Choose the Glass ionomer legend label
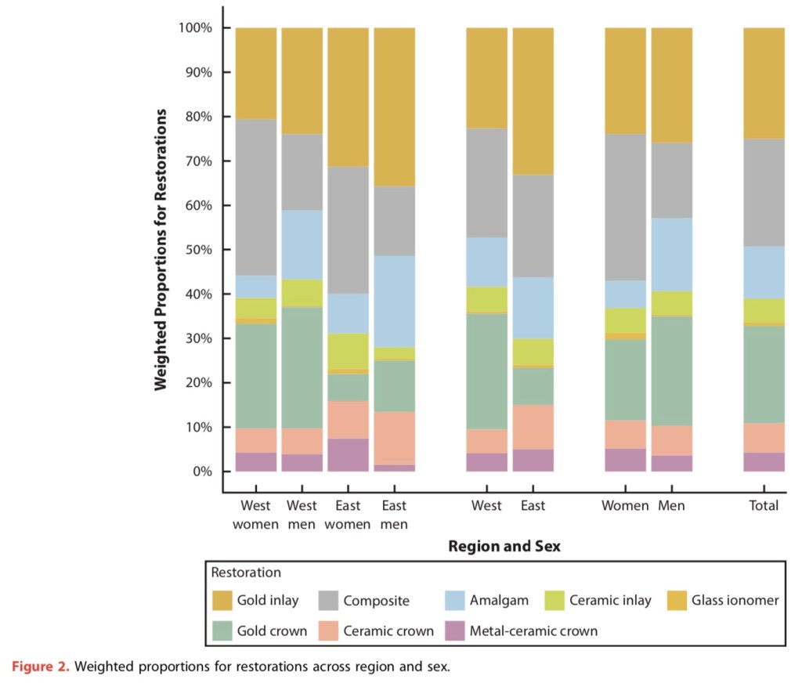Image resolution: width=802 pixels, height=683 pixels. pos(735,601)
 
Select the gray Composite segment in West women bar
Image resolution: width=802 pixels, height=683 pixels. pos(255,197)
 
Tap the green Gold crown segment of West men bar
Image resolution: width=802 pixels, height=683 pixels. pos(302,367)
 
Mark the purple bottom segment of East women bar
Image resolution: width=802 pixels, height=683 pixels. pos(348,455)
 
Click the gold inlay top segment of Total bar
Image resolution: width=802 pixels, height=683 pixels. pos(764,83)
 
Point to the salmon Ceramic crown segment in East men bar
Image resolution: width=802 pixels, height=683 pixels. pos(394,438)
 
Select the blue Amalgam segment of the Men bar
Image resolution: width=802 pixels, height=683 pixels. pos(671,255)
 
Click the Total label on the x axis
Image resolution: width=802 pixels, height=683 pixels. pos(764,505)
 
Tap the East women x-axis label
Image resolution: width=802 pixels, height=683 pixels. pos(348,515)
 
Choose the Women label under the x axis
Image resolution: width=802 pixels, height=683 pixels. pos(625,505)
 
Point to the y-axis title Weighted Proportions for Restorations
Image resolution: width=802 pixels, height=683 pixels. pos(161,250)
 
